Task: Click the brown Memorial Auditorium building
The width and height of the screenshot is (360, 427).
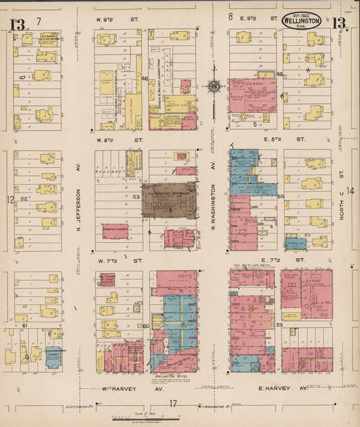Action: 169,199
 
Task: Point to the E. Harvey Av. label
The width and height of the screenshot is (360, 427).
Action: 274,388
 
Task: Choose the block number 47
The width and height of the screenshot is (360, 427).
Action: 22,78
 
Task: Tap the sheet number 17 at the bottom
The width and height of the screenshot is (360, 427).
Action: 173,404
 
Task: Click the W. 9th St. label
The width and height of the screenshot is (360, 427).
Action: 121,19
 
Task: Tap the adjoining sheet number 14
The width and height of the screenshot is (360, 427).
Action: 350,191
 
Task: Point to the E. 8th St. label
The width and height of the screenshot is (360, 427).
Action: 262,139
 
